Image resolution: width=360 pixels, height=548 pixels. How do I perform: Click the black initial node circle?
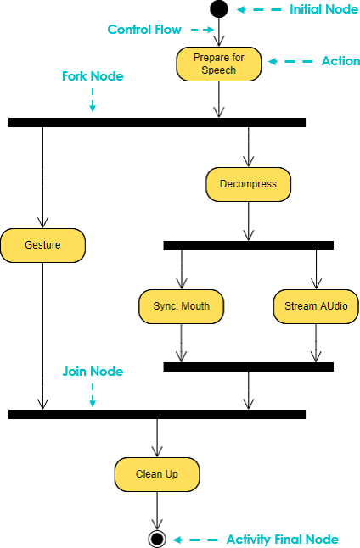pos(219,9)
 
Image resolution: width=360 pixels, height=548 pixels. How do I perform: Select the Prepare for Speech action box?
pos(219,64)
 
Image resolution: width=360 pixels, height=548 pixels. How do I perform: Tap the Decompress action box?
pos(249,184)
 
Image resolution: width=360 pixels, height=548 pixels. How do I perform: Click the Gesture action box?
pos(42,245)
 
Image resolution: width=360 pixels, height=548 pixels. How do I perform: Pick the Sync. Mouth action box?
pos(181,306)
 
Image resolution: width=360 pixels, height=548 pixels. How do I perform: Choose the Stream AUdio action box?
pos(316,306)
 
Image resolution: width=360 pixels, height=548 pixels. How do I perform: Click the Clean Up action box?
pos(157,474)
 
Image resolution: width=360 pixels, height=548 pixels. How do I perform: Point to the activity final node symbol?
pos(157,539)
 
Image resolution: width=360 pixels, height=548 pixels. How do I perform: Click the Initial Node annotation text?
pos(324,9)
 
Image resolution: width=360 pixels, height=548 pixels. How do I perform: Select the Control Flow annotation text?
pos(144,30)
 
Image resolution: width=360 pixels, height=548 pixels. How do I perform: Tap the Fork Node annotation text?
pos(93,76)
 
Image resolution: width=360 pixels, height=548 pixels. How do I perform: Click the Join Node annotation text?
pos(93,372)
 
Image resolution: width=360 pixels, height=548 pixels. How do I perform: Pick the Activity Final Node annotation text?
pos(283,540)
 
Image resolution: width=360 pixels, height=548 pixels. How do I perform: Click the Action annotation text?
pos(340,61)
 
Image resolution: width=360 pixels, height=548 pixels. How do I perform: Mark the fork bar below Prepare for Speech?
pos(157,122)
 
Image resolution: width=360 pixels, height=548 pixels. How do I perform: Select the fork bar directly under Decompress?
pos(249,245)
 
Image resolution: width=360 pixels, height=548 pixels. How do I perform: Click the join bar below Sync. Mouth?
pos(249,366)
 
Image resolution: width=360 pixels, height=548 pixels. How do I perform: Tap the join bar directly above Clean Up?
pos(157,414)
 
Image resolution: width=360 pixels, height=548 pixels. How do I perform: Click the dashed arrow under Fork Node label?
pos(93,100)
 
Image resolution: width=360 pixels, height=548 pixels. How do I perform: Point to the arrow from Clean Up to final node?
pos(157,511)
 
